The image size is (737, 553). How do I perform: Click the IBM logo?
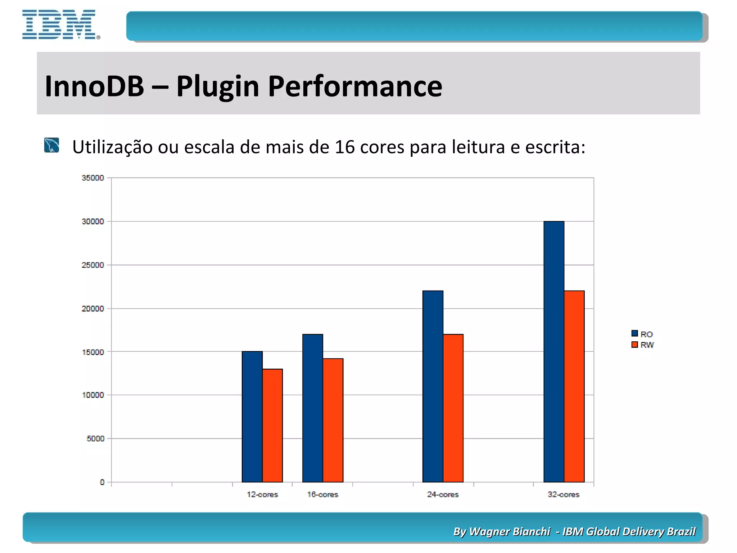click(x=60, y=24)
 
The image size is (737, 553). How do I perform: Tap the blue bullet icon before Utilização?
click(x=51, y=145)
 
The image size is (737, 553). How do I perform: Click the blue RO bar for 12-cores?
click(x=252, y=417)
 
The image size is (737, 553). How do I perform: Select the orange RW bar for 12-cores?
click(x=272, y=425)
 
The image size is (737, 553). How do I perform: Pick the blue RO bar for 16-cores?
click(x=312, y=408)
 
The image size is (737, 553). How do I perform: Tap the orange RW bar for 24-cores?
click(x=453, y=408)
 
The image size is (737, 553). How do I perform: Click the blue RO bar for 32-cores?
click(x=554, y=351)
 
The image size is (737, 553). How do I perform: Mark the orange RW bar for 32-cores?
click(x=574, y=386)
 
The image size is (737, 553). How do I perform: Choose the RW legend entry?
click(x=643, y=345)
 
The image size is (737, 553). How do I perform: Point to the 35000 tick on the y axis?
click(x=93, y=178)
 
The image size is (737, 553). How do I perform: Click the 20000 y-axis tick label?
click(x=93, y=309)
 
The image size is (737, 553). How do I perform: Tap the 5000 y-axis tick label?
click(x=95, y=439)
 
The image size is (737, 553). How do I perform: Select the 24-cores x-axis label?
click(x=443, y=495)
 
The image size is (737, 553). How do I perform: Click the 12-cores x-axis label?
click(x=262, y=495)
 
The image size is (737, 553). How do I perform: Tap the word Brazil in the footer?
click(x=681, y=531)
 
